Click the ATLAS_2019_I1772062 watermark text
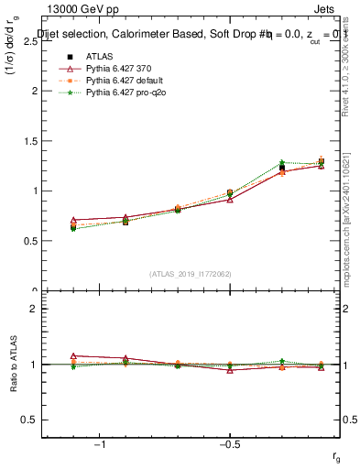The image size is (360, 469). click(191, 273)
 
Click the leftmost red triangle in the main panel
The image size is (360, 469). click(73, 221)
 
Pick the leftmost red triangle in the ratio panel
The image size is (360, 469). click(73, 355)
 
